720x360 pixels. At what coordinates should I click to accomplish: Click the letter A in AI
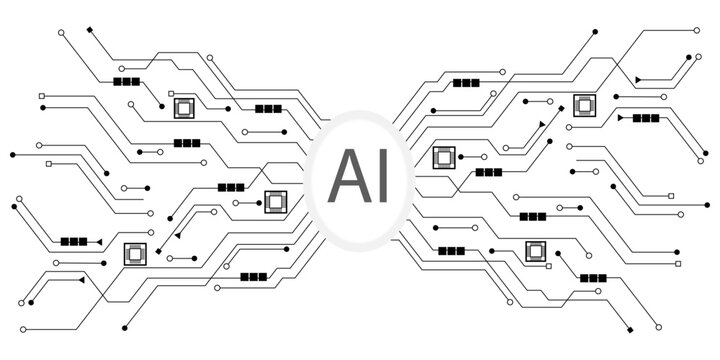(x=347, y=171)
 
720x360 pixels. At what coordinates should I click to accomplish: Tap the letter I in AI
(x=380, y=171)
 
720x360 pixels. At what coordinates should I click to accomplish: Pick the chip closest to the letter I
(x=443, y=157)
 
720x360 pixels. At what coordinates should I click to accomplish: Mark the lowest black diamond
(x=627, y=330)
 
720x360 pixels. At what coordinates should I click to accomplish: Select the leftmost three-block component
(x=73, y=241)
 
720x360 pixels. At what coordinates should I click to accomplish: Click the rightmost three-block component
(x=645, y=118)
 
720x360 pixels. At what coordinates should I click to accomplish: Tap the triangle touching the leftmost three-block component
(x=98, y=241)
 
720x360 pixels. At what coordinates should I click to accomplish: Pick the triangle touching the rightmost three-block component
(x=621, y=118)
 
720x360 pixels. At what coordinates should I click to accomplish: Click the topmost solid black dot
(x=596, y=33)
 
